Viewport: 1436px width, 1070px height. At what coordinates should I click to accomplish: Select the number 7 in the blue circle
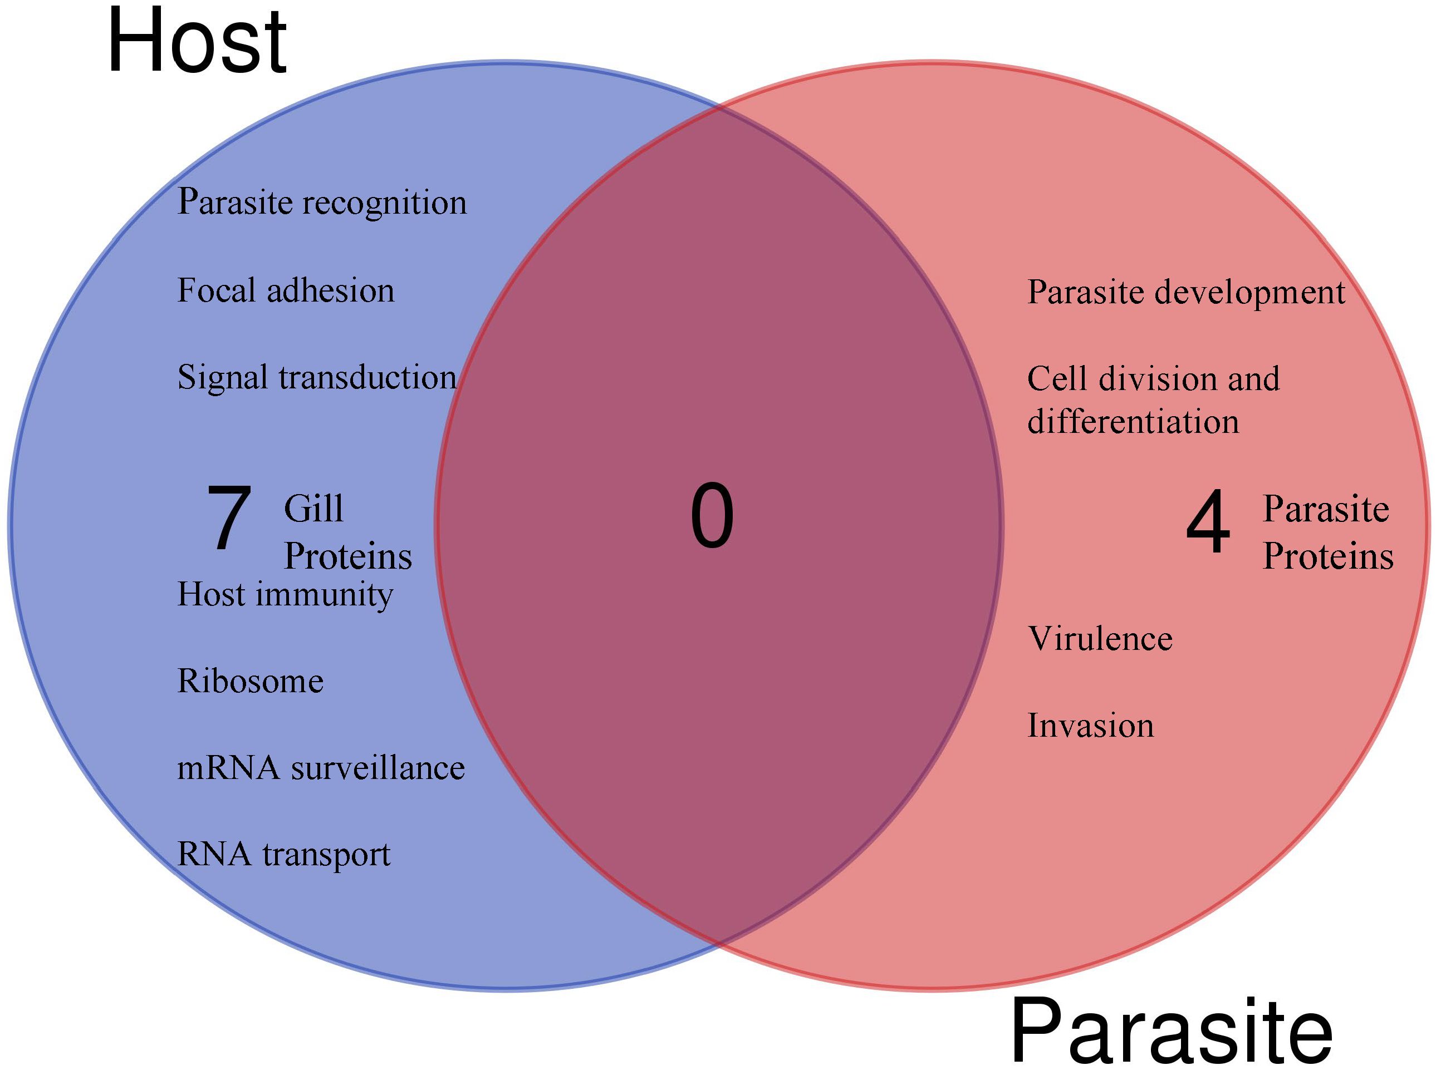[229, 517]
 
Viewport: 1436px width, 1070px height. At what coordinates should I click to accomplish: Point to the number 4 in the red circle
[1208, 522]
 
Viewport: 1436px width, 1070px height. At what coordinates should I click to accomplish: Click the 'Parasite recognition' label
[322, 202]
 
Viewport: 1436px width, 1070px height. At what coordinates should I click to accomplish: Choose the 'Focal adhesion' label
[286, 290]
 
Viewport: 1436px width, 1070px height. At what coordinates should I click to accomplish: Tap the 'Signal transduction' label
[317, 378]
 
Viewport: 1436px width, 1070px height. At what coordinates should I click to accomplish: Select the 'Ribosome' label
[251, 681]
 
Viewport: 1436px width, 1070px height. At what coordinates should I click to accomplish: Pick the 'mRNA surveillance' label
[321, 768]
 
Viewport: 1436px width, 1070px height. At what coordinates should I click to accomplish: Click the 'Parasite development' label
[1187, 293]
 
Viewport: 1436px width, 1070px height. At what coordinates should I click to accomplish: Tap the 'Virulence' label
[1100, 639]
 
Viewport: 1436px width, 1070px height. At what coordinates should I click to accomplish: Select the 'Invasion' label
[1091, 726]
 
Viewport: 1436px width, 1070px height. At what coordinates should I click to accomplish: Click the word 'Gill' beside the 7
[313, 509]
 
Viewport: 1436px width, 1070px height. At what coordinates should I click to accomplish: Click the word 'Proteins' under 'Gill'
[348, 556]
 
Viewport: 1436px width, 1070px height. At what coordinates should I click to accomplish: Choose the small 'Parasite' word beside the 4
[1326, 509]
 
